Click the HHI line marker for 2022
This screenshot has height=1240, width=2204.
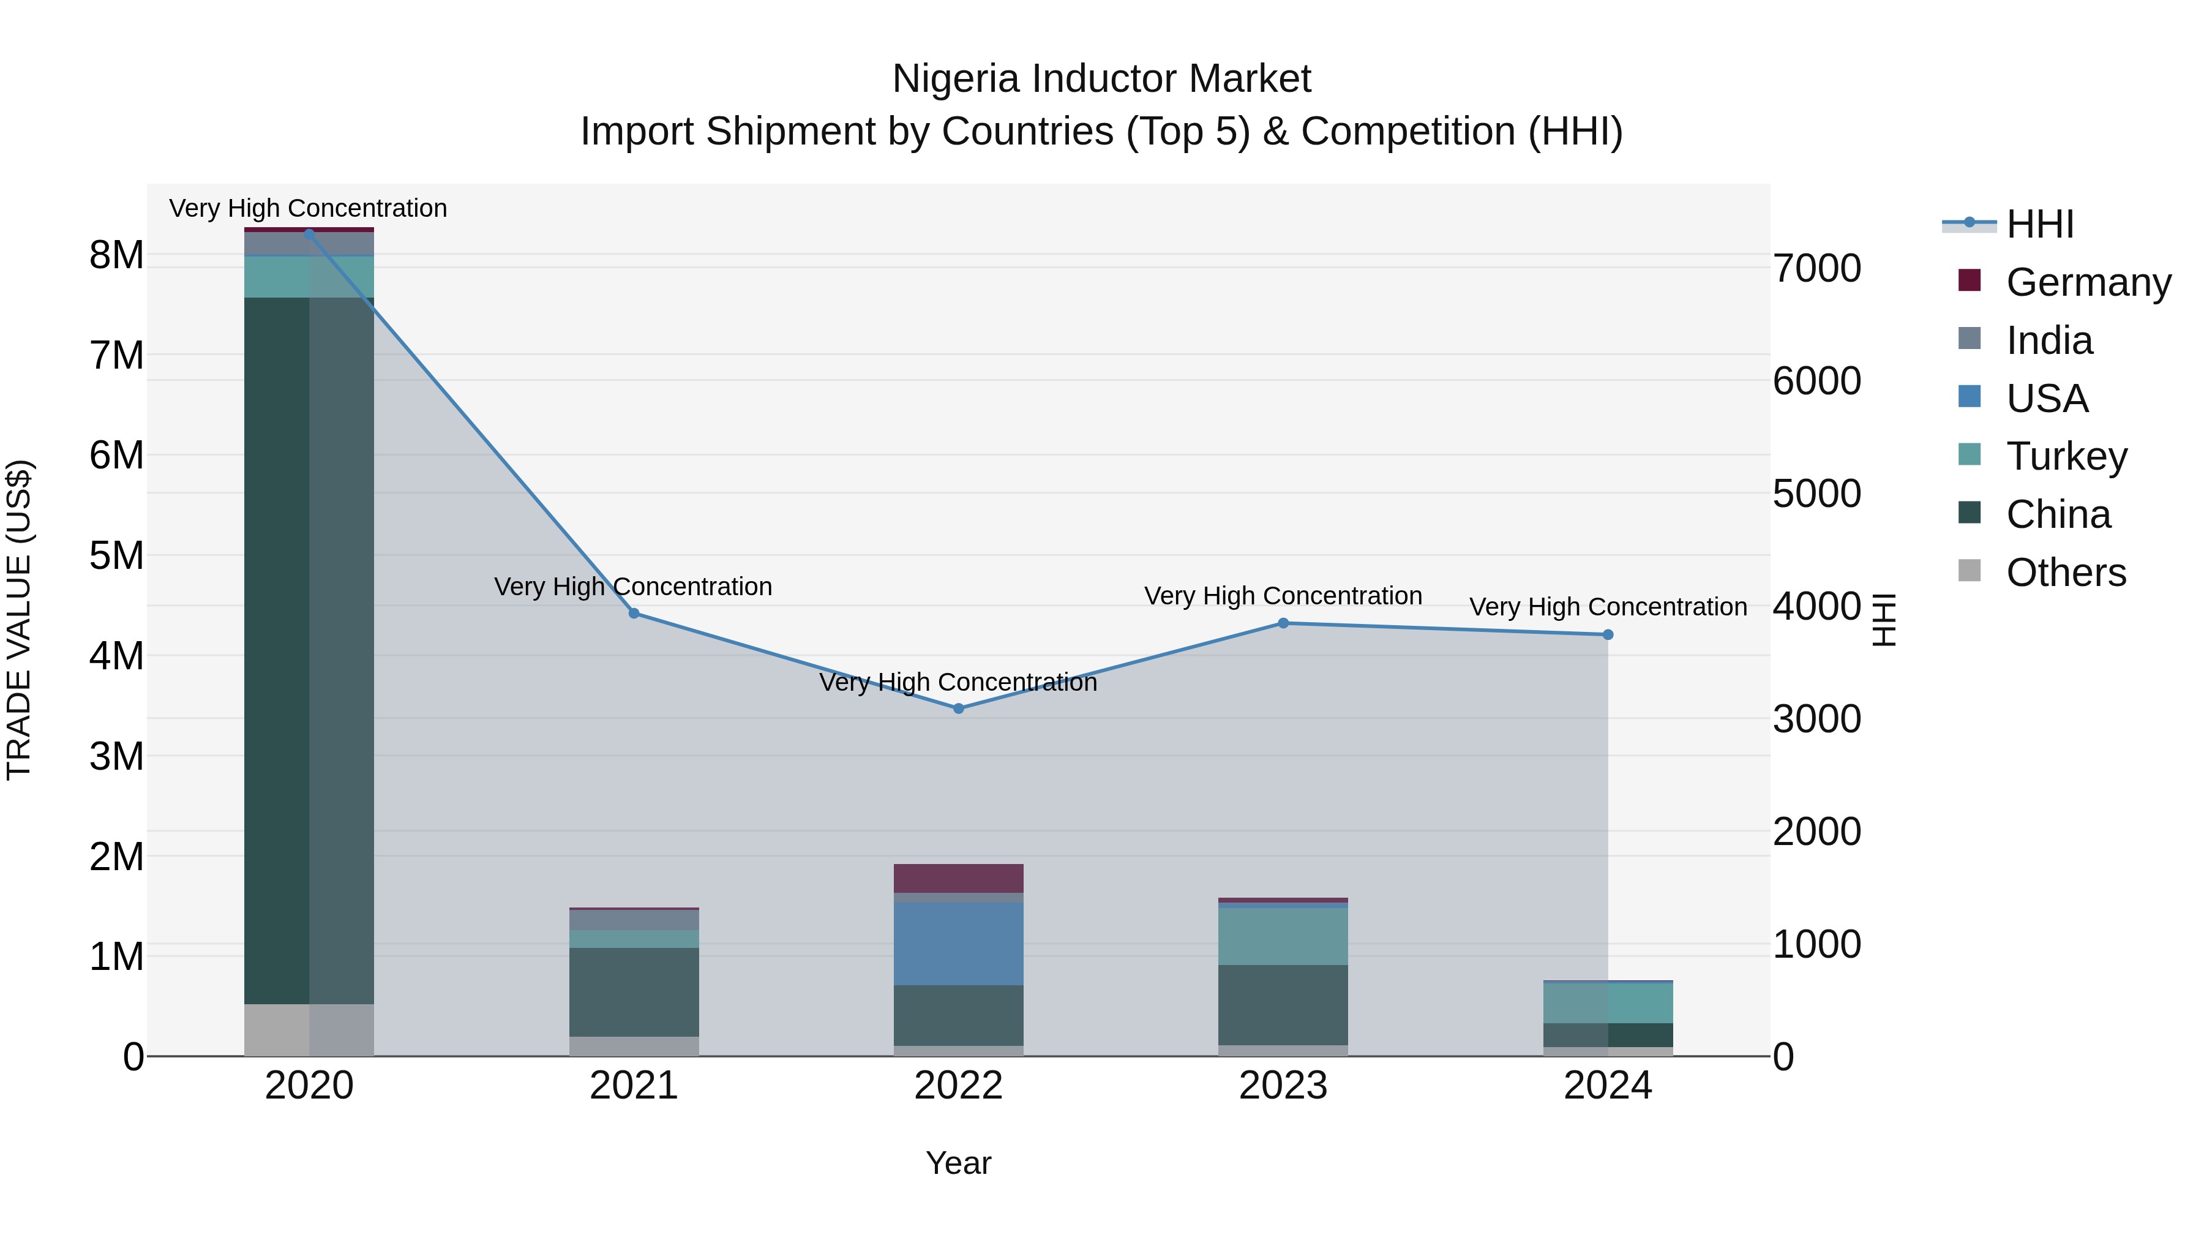(958, 708)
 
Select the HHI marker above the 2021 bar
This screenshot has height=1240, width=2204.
(634, 614)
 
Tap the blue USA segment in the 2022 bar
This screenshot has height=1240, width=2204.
(958, 944)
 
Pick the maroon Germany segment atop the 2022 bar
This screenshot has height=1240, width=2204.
(958, 878)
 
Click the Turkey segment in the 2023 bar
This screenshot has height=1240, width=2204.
(1283, 936)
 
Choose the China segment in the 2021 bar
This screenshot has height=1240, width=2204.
(634, 992)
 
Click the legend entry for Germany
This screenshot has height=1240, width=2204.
(2088, 282)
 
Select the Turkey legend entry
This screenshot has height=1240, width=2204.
(2066, 456)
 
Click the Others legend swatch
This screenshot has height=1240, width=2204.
(1970, 571)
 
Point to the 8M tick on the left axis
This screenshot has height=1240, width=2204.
(116, 255)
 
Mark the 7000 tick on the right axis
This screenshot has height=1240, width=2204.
(1816, 269)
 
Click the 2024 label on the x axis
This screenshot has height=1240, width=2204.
(1608, 1086)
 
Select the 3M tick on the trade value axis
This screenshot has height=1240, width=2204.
(116, 756)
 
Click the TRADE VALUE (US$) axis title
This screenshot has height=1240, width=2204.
(19, 620)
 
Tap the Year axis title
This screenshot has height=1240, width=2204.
(958, 1163)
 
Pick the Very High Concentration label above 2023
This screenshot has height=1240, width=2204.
(1283, 596)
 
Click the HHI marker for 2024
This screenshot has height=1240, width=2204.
(1608, 635)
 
